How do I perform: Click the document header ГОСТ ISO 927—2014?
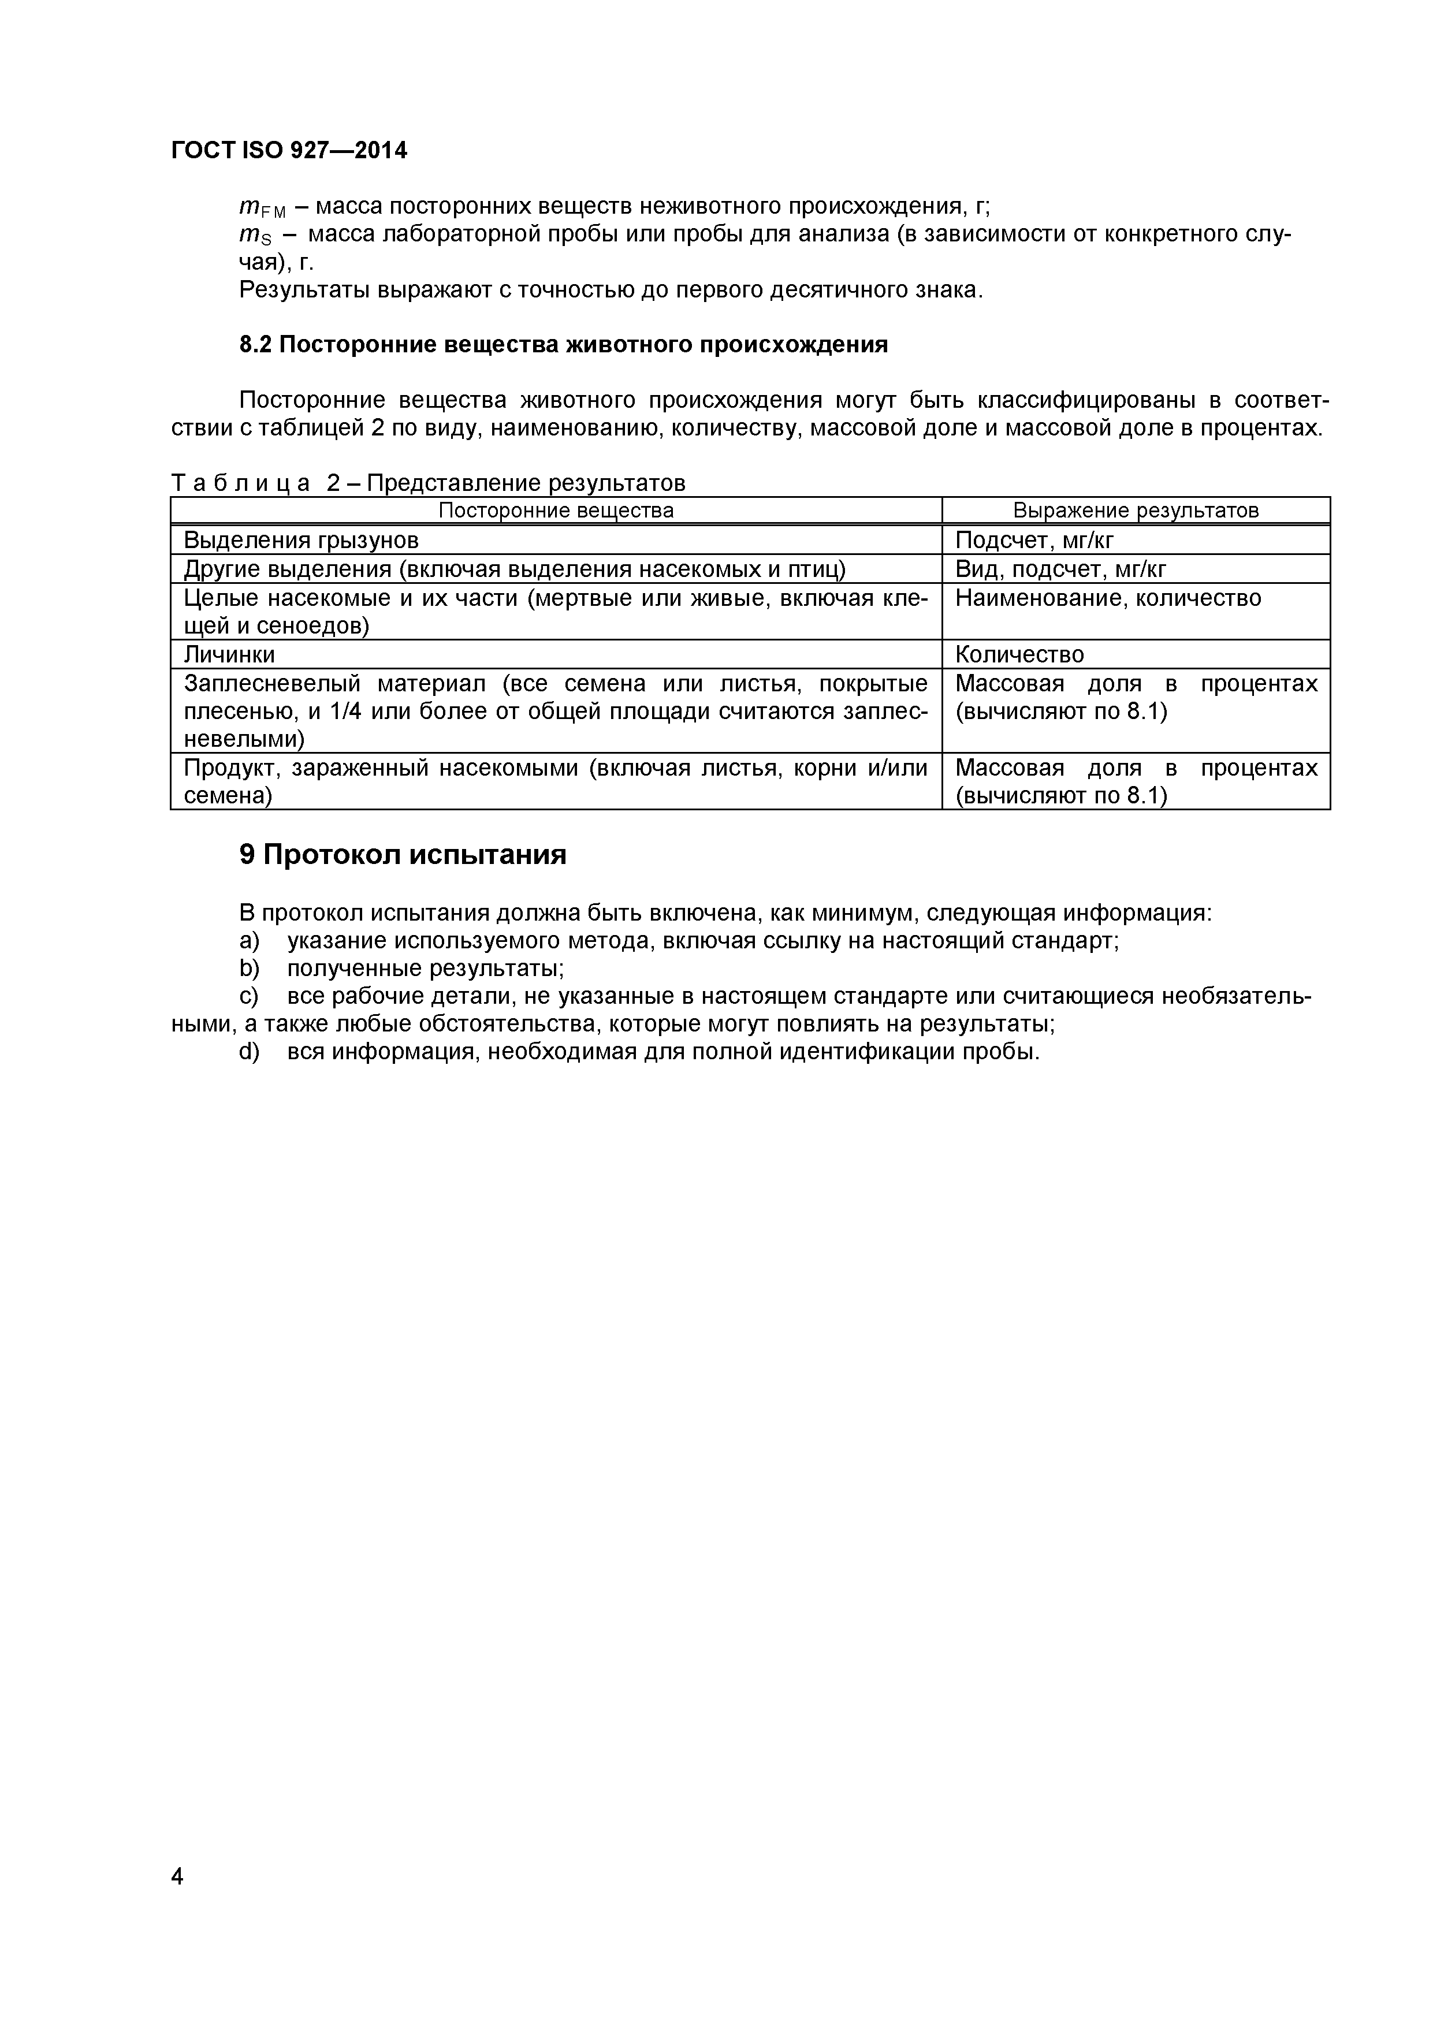coord(289,151)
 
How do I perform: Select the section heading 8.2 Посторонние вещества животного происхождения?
coord(563,344)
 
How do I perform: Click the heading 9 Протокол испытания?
coord(403,854)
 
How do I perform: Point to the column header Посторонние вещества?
coord(556,510)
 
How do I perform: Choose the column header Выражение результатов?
coord(1135,510)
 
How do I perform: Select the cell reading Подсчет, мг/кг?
coord(1034,540)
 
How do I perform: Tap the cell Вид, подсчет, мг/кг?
coord(1060,569)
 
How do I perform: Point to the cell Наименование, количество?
coord(1108,598)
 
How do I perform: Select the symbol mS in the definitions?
coord(255,236)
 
